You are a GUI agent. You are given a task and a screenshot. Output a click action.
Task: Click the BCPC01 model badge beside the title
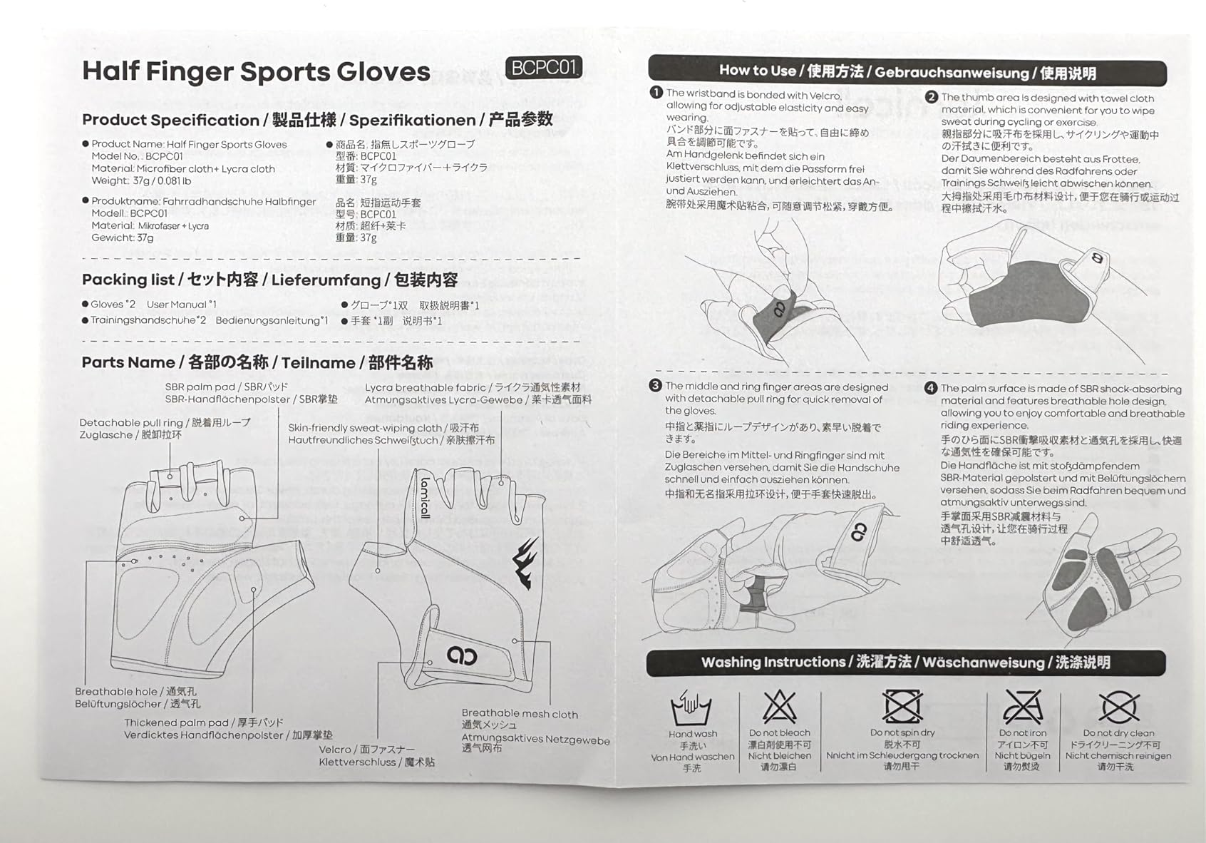click(x=543, y=68)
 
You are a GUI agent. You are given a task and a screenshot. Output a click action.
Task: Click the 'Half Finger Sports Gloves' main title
click(x=256, y=71)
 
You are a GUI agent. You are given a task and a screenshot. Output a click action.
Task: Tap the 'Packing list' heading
click(x=128, y=280)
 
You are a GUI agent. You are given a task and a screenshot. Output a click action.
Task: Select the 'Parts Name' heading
click(x=128, y=362)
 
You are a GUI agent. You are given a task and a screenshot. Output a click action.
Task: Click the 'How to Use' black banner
click(x=907, y=71)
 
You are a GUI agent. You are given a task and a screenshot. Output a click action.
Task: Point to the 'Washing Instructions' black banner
click(x=905, y=663)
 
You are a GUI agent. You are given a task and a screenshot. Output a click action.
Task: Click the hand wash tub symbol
click(x=692, y=709)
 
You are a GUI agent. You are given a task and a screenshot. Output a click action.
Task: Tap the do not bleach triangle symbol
click(x=779, y=707)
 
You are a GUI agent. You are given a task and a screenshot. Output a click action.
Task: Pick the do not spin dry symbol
click(x=902, y=707)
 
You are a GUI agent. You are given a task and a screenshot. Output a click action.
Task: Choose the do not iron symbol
click(x=1022, y=707)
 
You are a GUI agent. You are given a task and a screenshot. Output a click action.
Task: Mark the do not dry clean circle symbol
click(x=1118, y=707)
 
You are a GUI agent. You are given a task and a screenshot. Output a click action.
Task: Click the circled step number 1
click(x=656, y=93)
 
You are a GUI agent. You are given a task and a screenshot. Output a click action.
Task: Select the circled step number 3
click(x=656, y=385)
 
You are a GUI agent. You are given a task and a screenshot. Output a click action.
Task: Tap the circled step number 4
click(x=931, y=388)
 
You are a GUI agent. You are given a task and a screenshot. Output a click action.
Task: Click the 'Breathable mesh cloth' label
click(x=520, y=713)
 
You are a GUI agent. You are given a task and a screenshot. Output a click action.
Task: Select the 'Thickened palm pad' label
click(x=176, y=722)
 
